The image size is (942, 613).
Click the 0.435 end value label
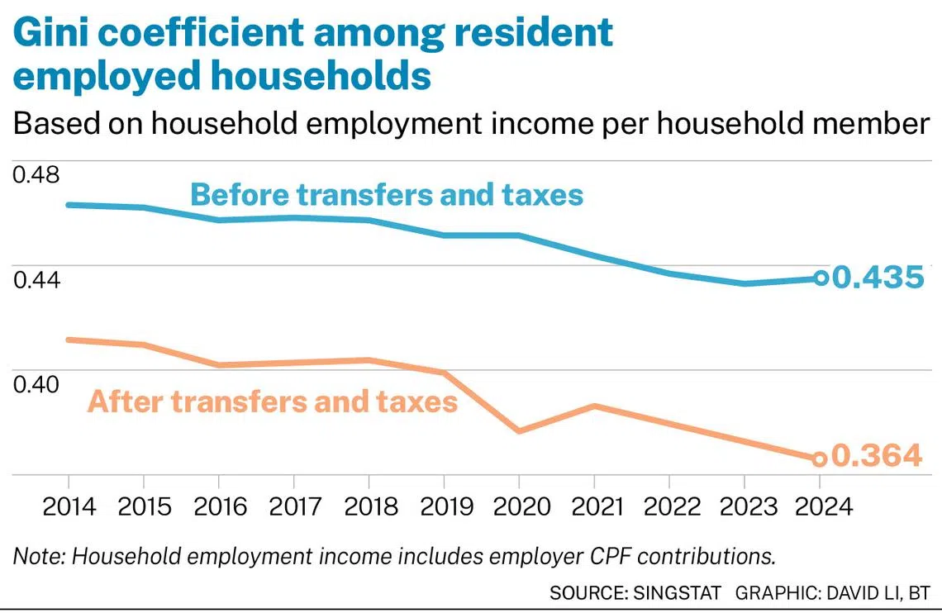pos(877,278)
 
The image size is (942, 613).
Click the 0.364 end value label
pos(876,456)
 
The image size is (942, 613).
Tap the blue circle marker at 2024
pos(820,278)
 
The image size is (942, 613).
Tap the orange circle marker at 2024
pos(819,459)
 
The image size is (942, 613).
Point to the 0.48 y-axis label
pos(36,175)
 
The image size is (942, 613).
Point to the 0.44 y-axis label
pos(36,280)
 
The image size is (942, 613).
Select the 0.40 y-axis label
pos(36,384)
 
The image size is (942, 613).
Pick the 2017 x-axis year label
pos(293,506)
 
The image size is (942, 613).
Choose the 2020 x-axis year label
pos(519,506)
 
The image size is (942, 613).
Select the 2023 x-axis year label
pos(745,506)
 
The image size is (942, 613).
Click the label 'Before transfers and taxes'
pos(387,195)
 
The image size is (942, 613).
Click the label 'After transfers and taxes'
pos(273,402)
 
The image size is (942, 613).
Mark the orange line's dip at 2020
pos(519,431)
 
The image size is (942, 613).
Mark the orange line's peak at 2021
pos(594,406)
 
